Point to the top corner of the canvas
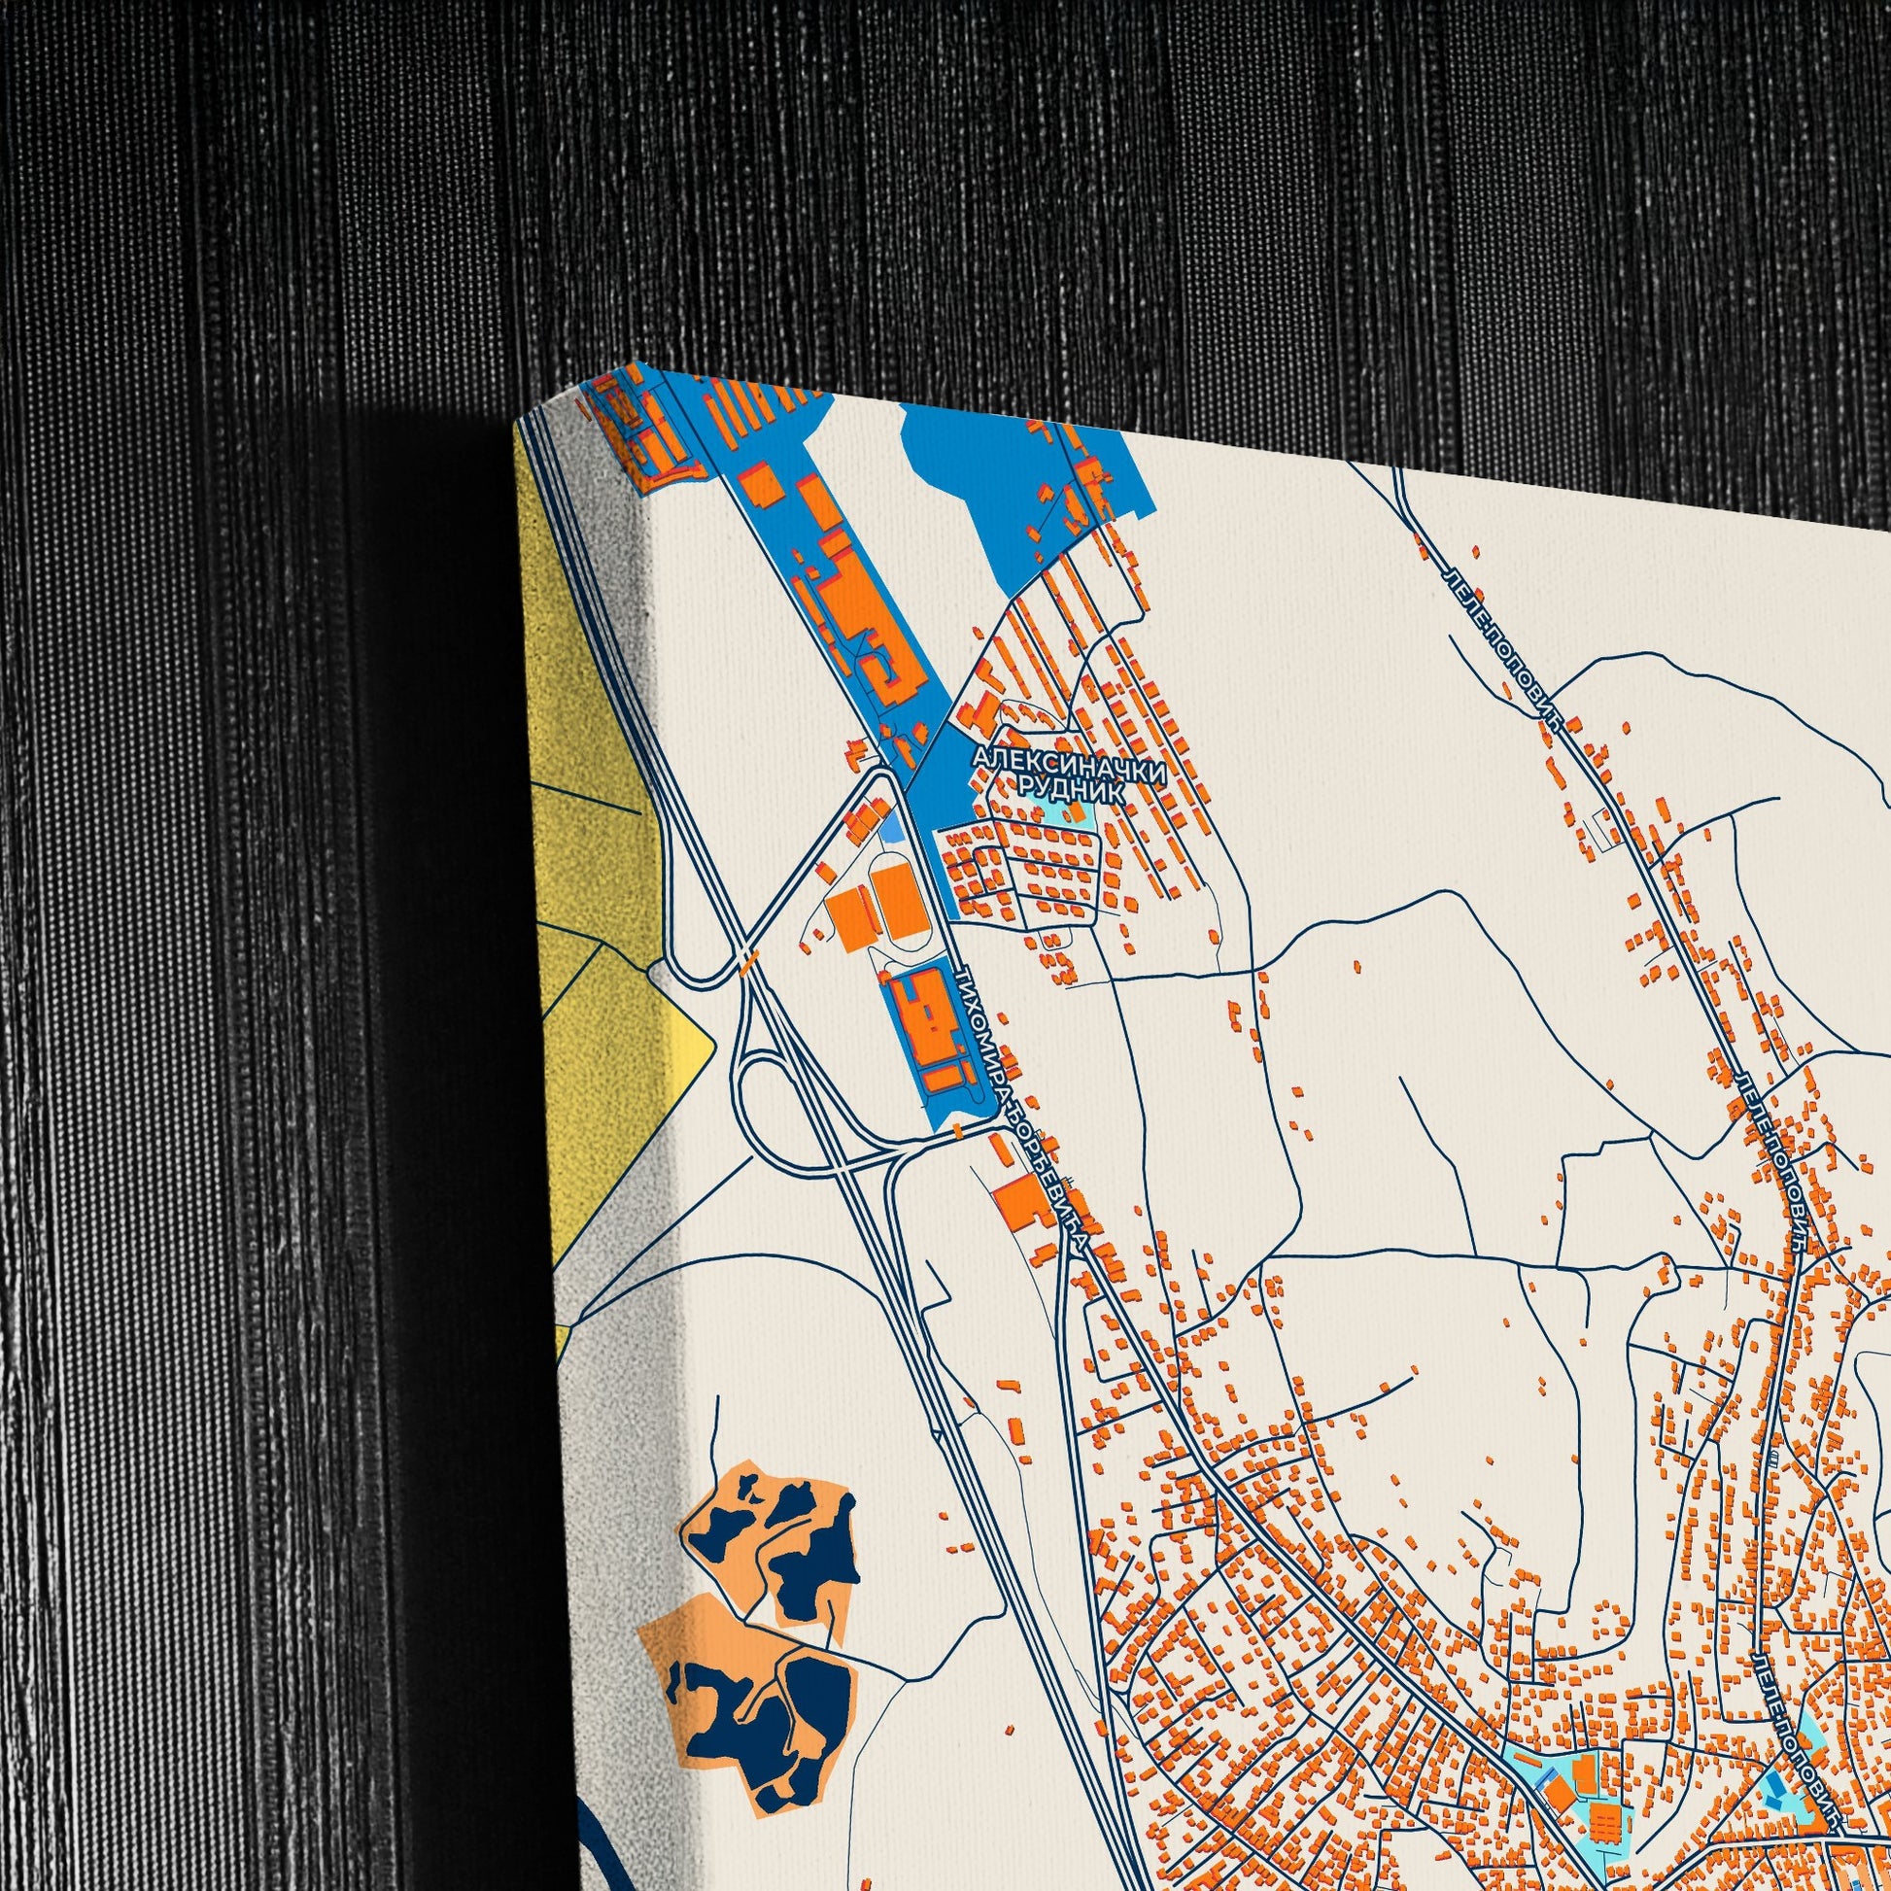pos(637,364)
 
